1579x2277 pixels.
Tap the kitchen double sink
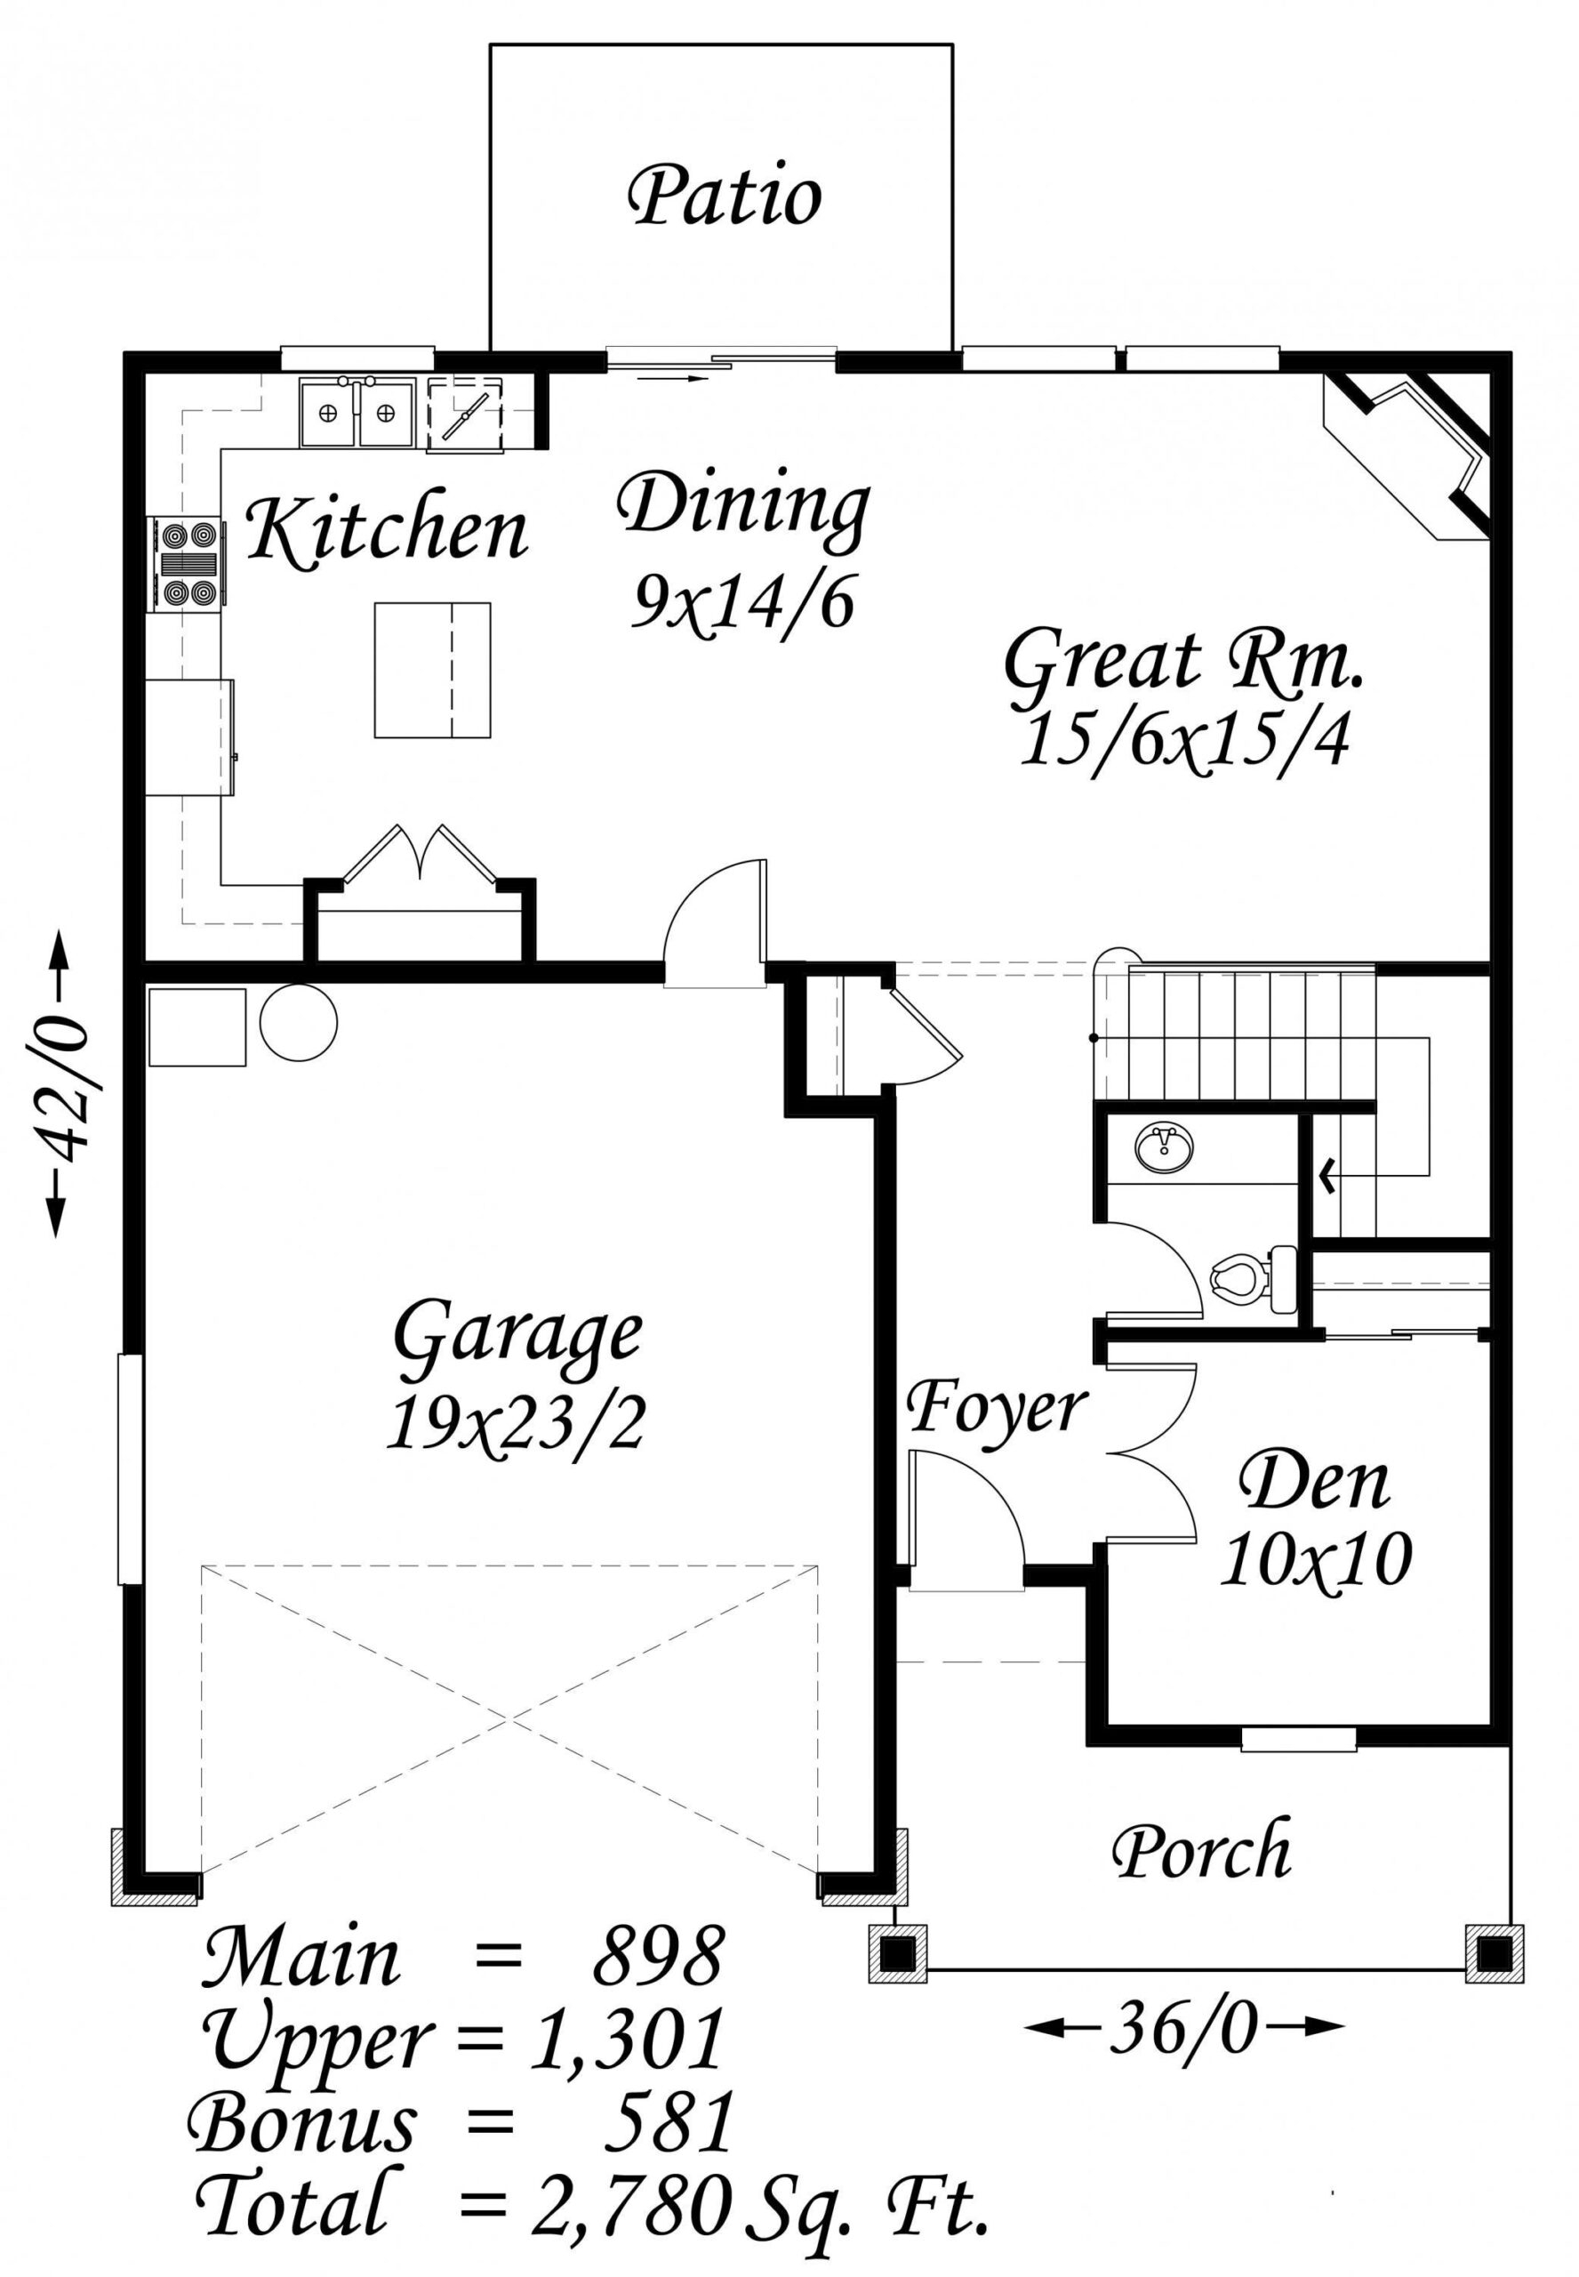point(355,414)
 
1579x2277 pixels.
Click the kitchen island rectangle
point(432,670)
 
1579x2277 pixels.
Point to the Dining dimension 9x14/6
point(743,604)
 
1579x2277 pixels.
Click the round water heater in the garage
point(298,1020)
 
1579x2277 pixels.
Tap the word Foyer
point(998,1407)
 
